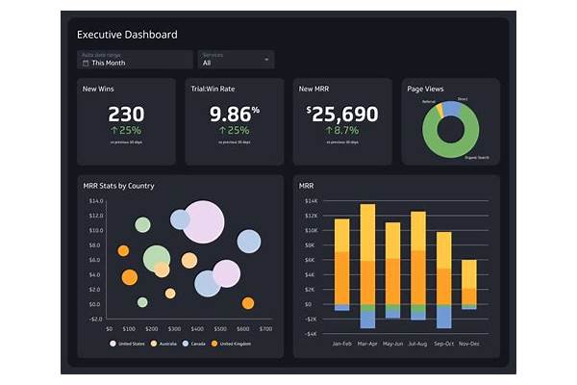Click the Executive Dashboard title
coord(127,35)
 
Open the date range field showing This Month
coord(135,60)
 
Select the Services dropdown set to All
coord(235,60)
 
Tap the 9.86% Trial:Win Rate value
coord(234,115)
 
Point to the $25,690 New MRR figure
coord(342,115)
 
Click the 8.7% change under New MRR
coord(342,130)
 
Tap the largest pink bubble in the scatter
coord(203,221)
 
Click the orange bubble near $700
coord(248,303)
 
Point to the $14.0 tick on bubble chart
coord(95,201)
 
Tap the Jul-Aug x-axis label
coord(418,343)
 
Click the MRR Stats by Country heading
coord(118,186)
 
